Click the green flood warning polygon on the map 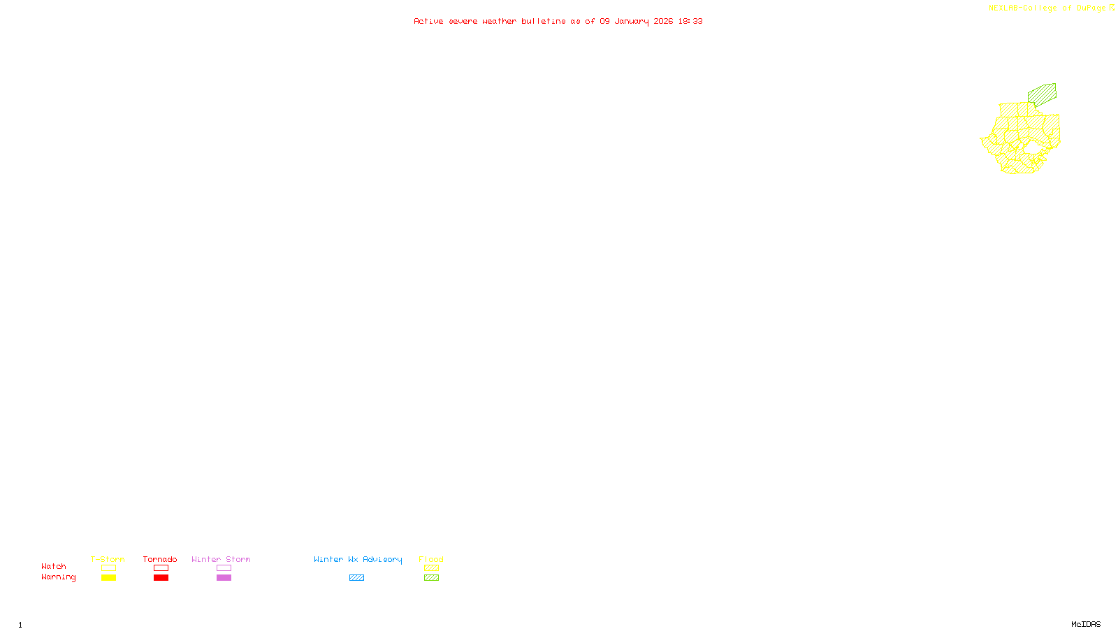click(1043, 94)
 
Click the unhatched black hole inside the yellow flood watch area click(1032, 147)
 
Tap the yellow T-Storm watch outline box click(108, 568)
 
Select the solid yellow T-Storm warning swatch click(108, 578)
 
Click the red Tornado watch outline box click(161, 568)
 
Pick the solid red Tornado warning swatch click(161, 578)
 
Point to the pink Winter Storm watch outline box click(224, 568)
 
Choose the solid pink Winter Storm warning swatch click(224, 578)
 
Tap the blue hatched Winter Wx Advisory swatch click(356, 578)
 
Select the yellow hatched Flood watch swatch click(431, 568)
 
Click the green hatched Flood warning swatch click(431, 578)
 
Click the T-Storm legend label click(108, 559)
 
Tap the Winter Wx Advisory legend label click(358, 559)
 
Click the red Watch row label click(54, 566)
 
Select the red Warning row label click(58, 577)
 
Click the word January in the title click(631, 21)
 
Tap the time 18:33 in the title click(690, 21)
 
